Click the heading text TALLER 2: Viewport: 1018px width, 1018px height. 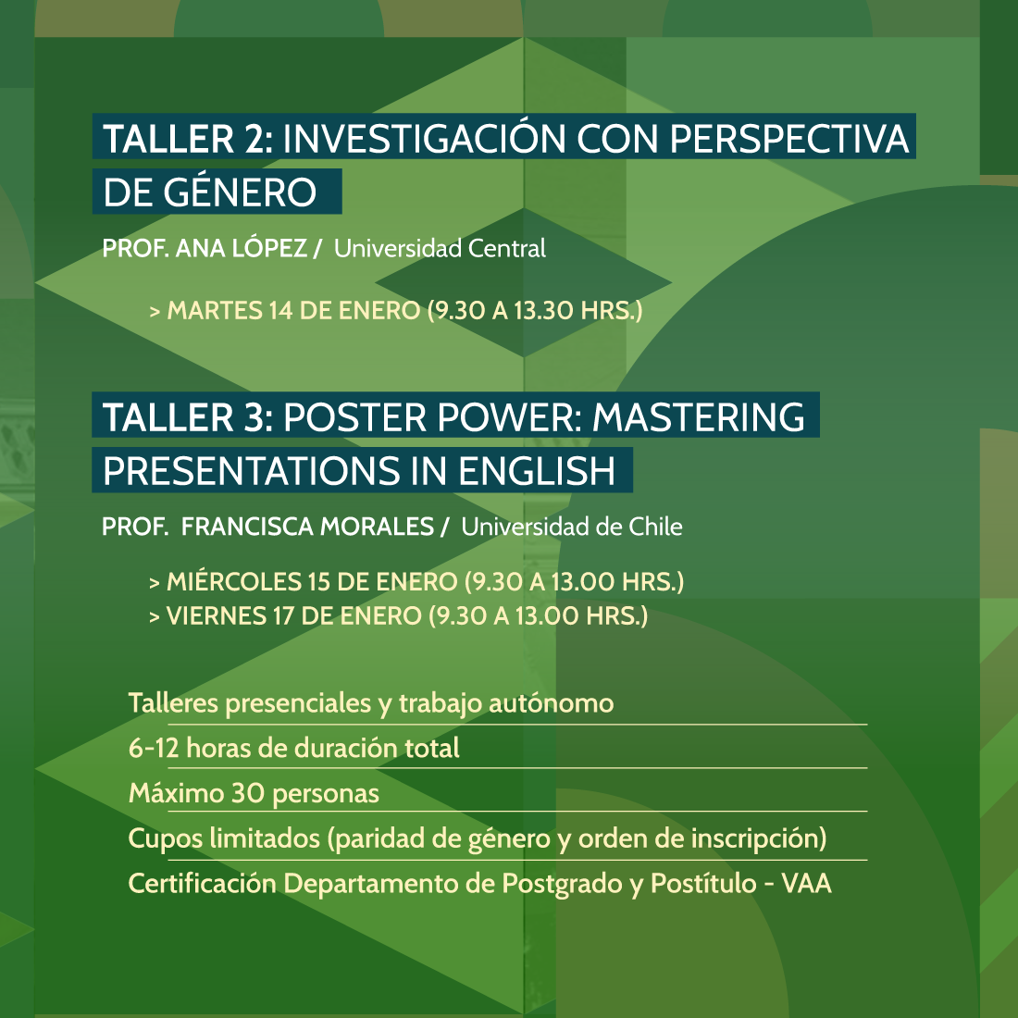[x=188, y=139]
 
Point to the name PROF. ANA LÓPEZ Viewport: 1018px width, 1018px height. [x=205, y=247]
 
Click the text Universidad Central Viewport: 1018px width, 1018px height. [x=440, y=248]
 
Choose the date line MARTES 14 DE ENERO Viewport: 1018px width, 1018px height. [x=293, y=310]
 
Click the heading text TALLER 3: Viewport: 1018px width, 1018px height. [x=188, y=416]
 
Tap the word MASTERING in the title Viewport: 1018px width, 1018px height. [x=699, y=416]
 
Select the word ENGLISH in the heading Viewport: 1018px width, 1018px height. [x=536, y=471]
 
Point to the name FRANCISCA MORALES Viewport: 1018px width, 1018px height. [x=307, y=527]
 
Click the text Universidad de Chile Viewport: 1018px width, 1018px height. [x=571, y=527]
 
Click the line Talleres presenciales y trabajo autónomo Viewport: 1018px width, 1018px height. [x=371, y=703]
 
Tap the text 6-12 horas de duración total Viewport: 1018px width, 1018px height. [x=293, y=748]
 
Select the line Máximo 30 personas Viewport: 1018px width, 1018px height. [x=254, y=793]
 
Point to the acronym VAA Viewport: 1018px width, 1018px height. [x=806, y=884]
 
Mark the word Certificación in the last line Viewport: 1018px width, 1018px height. [x=202, y=884]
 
